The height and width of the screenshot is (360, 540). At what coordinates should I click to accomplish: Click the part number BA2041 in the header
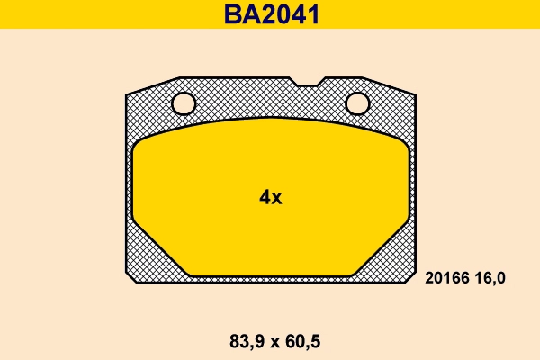270,14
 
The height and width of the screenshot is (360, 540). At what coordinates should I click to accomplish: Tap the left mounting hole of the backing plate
184,104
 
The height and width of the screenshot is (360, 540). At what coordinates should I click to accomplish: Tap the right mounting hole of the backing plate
357,104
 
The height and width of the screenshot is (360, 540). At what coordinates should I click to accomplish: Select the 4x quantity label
270,198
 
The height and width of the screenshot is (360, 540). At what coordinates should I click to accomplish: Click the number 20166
444,279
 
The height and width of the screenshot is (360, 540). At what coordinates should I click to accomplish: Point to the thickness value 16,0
488,279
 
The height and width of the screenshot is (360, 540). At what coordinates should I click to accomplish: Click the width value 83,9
237,341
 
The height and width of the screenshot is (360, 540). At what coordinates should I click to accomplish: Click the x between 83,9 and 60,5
269,342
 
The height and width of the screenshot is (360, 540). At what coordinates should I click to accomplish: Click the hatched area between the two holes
270,101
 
